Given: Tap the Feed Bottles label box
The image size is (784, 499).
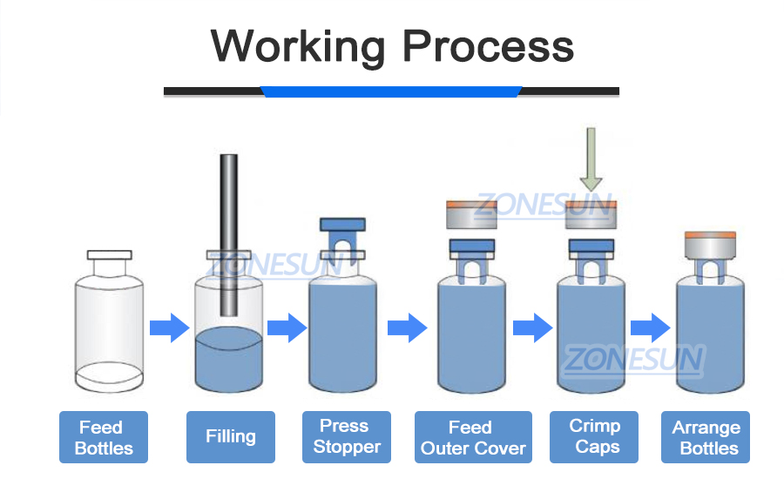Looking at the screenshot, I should (x=104, y=437).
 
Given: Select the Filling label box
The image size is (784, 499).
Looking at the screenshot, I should (x=231, y=437).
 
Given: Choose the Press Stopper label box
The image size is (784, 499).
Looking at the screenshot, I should (x=347, y=437).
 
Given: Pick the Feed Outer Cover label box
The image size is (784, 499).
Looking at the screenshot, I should (x=473, y=437).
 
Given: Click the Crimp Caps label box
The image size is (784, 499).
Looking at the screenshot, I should (x=596, y=437).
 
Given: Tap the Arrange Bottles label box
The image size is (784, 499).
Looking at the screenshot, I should (x=706, y=437).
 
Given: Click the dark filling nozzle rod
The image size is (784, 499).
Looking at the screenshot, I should (x=228, y=235).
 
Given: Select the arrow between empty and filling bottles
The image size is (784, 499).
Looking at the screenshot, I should (x=169, y=328).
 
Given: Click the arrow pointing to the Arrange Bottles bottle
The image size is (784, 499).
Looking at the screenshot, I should (x=649, y=328).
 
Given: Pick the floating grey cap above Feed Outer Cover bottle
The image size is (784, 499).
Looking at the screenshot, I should (x=470, y=214).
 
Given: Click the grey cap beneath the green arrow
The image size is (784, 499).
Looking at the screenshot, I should (x=591, y=214).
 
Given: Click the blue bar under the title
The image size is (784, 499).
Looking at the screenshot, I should (x=391, y=91).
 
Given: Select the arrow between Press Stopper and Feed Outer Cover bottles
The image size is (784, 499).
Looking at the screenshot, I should (x=406, y=328).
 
